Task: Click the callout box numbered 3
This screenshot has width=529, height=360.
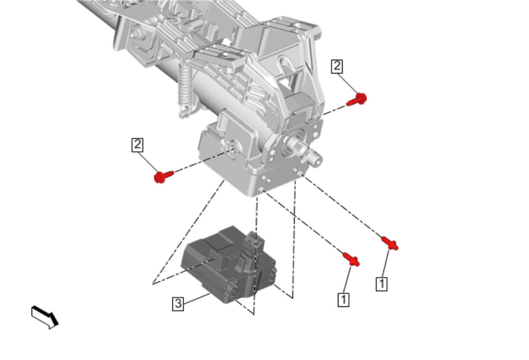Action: pos(178,304)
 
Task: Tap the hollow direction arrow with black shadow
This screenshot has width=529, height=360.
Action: pos(45,317)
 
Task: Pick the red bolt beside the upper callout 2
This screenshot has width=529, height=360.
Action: pos(357,100)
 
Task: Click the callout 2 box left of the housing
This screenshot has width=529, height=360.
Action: pos(137,145)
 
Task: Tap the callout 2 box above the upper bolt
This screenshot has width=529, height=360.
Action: pos(337,67)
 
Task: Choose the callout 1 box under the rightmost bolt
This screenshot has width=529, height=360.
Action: pos(381,284)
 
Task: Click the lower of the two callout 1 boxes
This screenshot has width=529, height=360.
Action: pos(343,300)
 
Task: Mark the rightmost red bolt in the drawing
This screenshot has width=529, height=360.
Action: pos(390,243)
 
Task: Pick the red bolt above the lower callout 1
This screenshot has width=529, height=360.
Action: pos(351,260)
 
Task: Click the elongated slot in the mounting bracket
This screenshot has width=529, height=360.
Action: pos(285,63)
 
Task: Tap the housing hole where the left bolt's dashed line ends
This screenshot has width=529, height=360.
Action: pos(233,149)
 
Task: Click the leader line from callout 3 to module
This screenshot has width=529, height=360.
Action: pos(197,298)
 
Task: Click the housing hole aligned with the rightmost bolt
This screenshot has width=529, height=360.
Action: pos(300,174)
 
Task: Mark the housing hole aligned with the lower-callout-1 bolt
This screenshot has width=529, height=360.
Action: pos(261,189)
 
